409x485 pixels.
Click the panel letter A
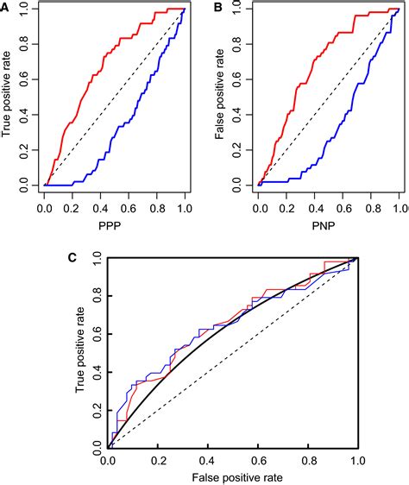click(x=7, y=7)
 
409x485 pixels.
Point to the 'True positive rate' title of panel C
click(x=80, y=353)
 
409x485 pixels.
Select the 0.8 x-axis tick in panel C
click(x=306, y=462)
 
